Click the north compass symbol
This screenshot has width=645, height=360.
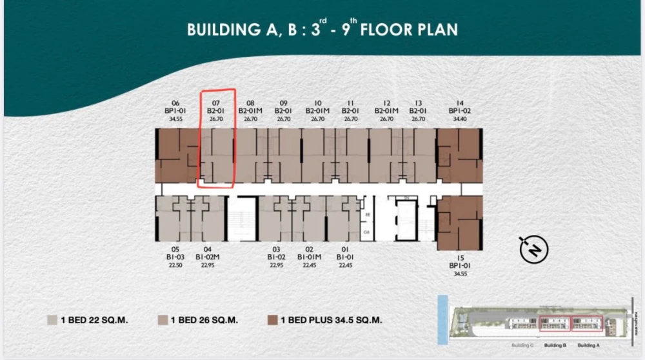pos(533,247)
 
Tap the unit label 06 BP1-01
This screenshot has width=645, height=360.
pos(175,111)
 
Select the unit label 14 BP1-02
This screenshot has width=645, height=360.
pos(459,111)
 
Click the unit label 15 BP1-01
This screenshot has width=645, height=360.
pos(459,265)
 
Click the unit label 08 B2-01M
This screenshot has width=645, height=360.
pos(250,111)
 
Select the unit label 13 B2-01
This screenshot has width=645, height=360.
pos(419,111)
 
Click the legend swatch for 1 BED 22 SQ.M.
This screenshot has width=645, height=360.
pos(52,319)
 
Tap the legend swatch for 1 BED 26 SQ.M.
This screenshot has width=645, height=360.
pos(162,319)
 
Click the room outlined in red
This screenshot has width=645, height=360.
pos(216,155)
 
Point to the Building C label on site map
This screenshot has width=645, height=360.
pos(522,345)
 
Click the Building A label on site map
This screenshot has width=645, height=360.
pos(587,345)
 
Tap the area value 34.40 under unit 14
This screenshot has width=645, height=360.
pos(459,119)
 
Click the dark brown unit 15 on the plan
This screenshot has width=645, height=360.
pos(459,223)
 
